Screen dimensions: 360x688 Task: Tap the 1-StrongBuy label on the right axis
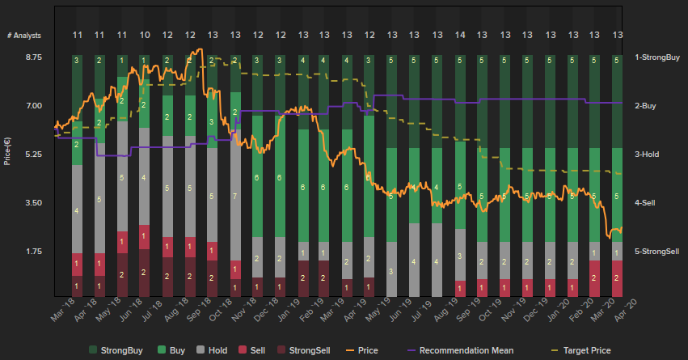pyautogui.click(x=656, y=57)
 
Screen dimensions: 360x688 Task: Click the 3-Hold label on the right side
pyautogui.click(x=648, y=155)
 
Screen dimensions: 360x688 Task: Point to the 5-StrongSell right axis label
pyautogui.click(x=656, y=252)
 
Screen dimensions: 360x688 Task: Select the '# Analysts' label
pyautogui.click(x=24, y=36)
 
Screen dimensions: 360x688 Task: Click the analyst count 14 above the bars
pyautogui.click(x=460, y=36)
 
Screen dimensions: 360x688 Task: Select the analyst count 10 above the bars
pyautogui.click(x=145, y=36)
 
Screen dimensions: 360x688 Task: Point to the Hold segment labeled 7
pyautogui.click(x=234, y=197)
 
